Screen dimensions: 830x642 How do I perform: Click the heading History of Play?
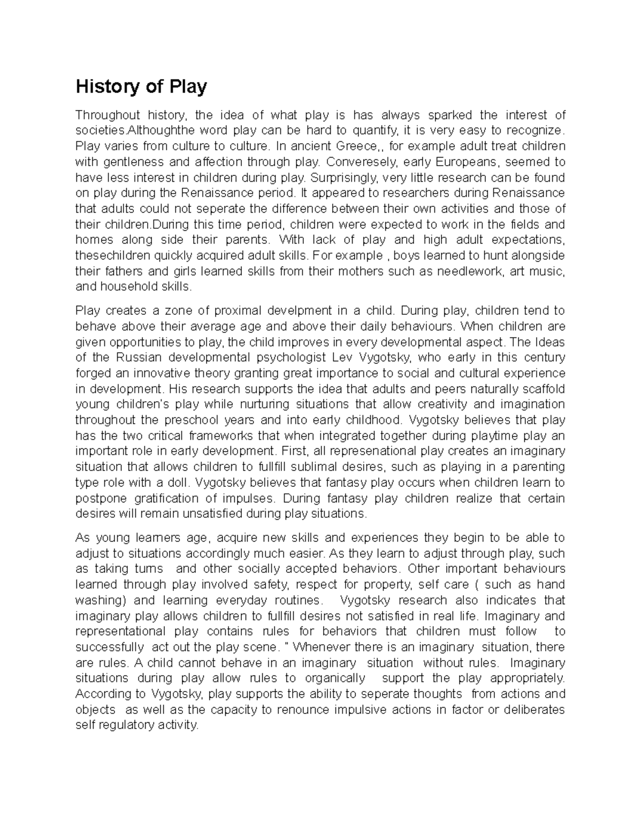(141, 87)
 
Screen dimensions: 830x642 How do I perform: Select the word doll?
(180, 483)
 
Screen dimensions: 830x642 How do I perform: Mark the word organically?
(335, 678)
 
